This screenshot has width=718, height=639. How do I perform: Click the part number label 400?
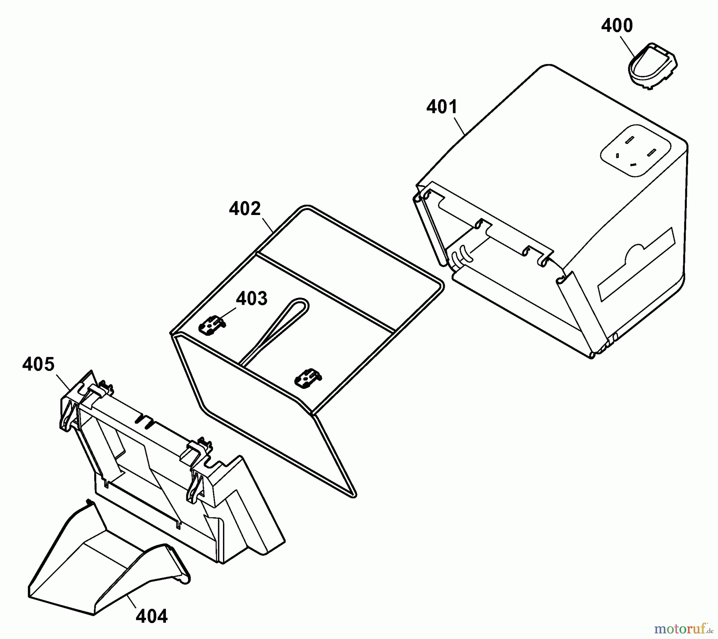coord(617,26)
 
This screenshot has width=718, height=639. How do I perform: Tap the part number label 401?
coord(442,107)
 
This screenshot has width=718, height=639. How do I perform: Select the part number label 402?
coord(245,209)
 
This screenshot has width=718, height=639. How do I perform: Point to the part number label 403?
coord(251,298)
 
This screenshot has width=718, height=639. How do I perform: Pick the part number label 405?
coord(38,364)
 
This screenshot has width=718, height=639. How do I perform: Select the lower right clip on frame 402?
coord(308,377)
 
